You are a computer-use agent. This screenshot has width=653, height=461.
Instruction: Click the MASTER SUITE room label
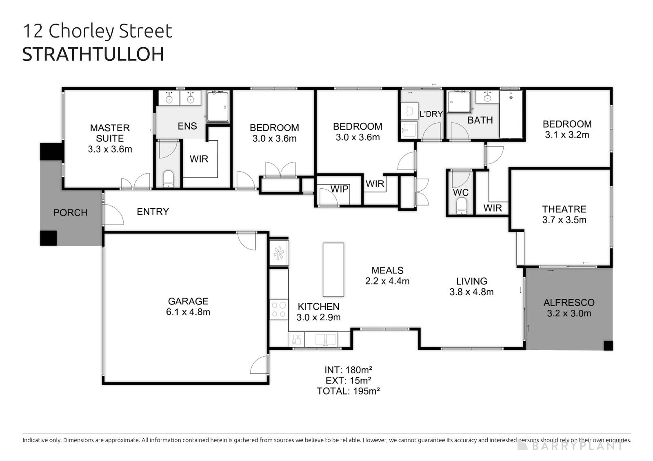click(110, 133)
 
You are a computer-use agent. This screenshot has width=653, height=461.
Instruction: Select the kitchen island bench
click(333, 269)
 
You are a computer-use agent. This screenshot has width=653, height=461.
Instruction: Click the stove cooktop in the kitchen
click(279, 309)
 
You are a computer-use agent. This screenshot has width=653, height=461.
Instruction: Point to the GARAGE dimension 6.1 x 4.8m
click(188, 312)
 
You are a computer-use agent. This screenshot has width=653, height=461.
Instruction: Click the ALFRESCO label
click(569, 302)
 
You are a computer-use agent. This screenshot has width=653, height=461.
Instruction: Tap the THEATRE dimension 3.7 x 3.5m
click(564, 220)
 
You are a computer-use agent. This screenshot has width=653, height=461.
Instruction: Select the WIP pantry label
click(339, 189)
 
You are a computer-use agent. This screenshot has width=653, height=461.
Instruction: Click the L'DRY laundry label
click(431, 114)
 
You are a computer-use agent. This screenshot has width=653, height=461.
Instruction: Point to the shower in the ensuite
click(218, 106)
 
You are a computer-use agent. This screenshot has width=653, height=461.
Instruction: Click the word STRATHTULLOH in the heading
click(93, 54)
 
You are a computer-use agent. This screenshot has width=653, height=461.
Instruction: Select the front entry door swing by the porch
click(113, 214)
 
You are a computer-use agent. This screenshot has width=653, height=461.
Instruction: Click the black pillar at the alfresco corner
click(608, 346)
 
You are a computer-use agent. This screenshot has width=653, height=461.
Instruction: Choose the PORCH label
click(70, 212)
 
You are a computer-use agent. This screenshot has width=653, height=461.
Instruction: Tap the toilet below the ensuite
click(168, 179)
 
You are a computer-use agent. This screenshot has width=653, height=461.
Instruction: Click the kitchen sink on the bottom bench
click(325, 339)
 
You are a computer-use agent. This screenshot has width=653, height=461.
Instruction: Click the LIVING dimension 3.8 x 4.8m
click(471, 292)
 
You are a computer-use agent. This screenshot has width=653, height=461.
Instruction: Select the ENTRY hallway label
click(153, 212)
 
